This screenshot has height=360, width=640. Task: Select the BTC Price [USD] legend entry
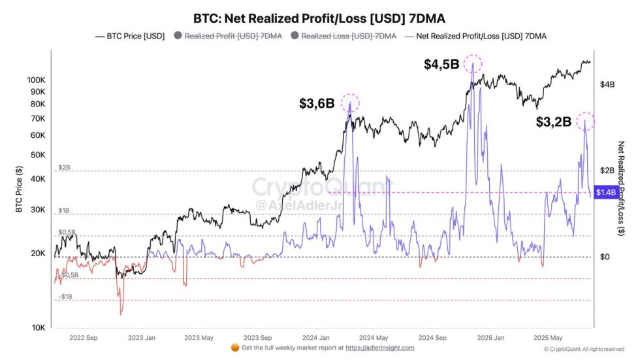[x=130, y=36]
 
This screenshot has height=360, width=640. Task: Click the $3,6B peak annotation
[x=317, y=103]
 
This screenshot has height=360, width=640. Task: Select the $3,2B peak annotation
[x=553, y=122]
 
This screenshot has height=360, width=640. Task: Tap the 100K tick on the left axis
[x=36, y=80]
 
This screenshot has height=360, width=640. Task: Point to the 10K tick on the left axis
[x=39, y=327]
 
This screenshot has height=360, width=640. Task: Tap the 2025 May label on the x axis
[x=547, y=338]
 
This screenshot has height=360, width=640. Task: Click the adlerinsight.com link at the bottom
[x=379, y=348]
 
